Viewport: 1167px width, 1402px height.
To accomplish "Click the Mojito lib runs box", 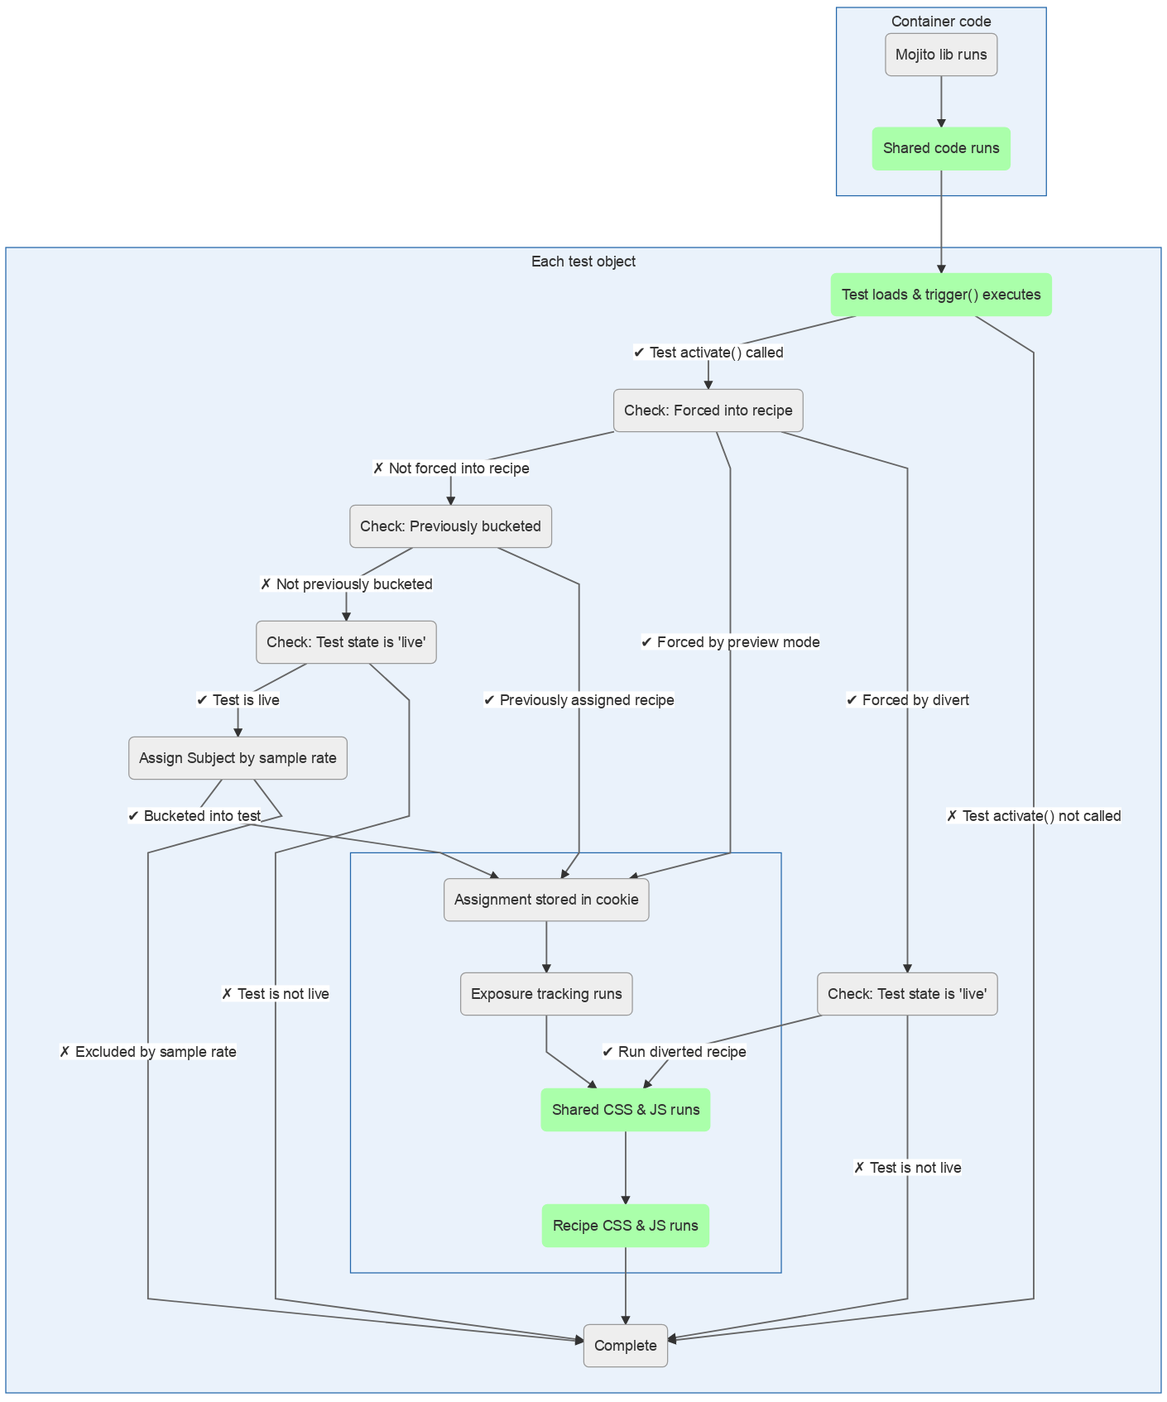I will (x=941, y=55).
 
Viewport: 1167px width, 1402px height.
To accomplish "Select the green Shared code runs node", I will (x=941, y=149).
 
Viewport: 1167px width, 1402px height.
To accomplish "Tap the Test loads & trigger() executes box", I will (x=941, y=295).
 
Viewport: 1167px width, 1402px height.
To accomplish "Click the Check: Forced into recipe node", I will (x=708, y=411).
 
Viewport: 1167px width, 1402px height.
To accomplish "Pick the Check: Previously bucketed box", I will (x=450, y=526).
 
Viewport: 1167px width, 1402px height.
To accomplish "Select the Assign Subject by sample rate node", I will (x=238, y=758).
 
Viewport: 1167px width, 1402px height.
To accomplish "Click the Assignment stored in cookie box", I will (x=546, y=900).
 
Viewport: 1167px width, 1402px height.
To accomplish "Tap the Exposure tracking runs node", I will (x=546, y=994).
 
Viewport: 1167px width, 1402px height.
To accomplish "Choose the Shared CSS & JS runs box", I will (x=626, y=1110).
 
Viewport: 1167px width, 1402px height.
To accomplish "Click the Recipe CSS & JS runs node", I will (x=626, y=1226).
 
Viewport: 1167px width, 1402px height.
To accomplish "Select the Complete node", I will (x=626, y=1346).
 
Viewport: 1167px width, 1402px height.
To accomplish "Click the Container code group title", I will (x=941, y=22).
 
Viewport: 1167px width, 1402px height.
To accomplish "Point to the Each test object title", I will (x=583, y=262).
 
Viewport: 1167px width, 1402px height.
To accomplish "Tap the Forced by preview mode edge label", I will (x=730, y=642).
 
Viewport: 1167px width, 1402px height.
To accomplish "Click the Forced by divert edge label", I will (x=907, y=700).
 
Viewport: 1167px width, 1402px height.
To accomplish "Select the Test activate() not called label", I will (x=1034, y=816).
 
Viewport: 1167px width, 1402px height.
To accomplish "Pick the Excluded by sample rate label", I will (x=148, y=1052).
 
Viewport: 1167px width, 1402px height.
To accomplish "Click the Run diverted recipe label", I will (x=675, y=1052).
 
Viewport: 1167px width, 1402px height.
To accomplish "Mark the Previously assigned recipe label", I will (x=579, y=700).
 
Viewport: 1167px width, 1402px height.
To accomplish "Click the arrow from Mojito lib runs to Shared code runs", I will (x=941, y=101).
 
